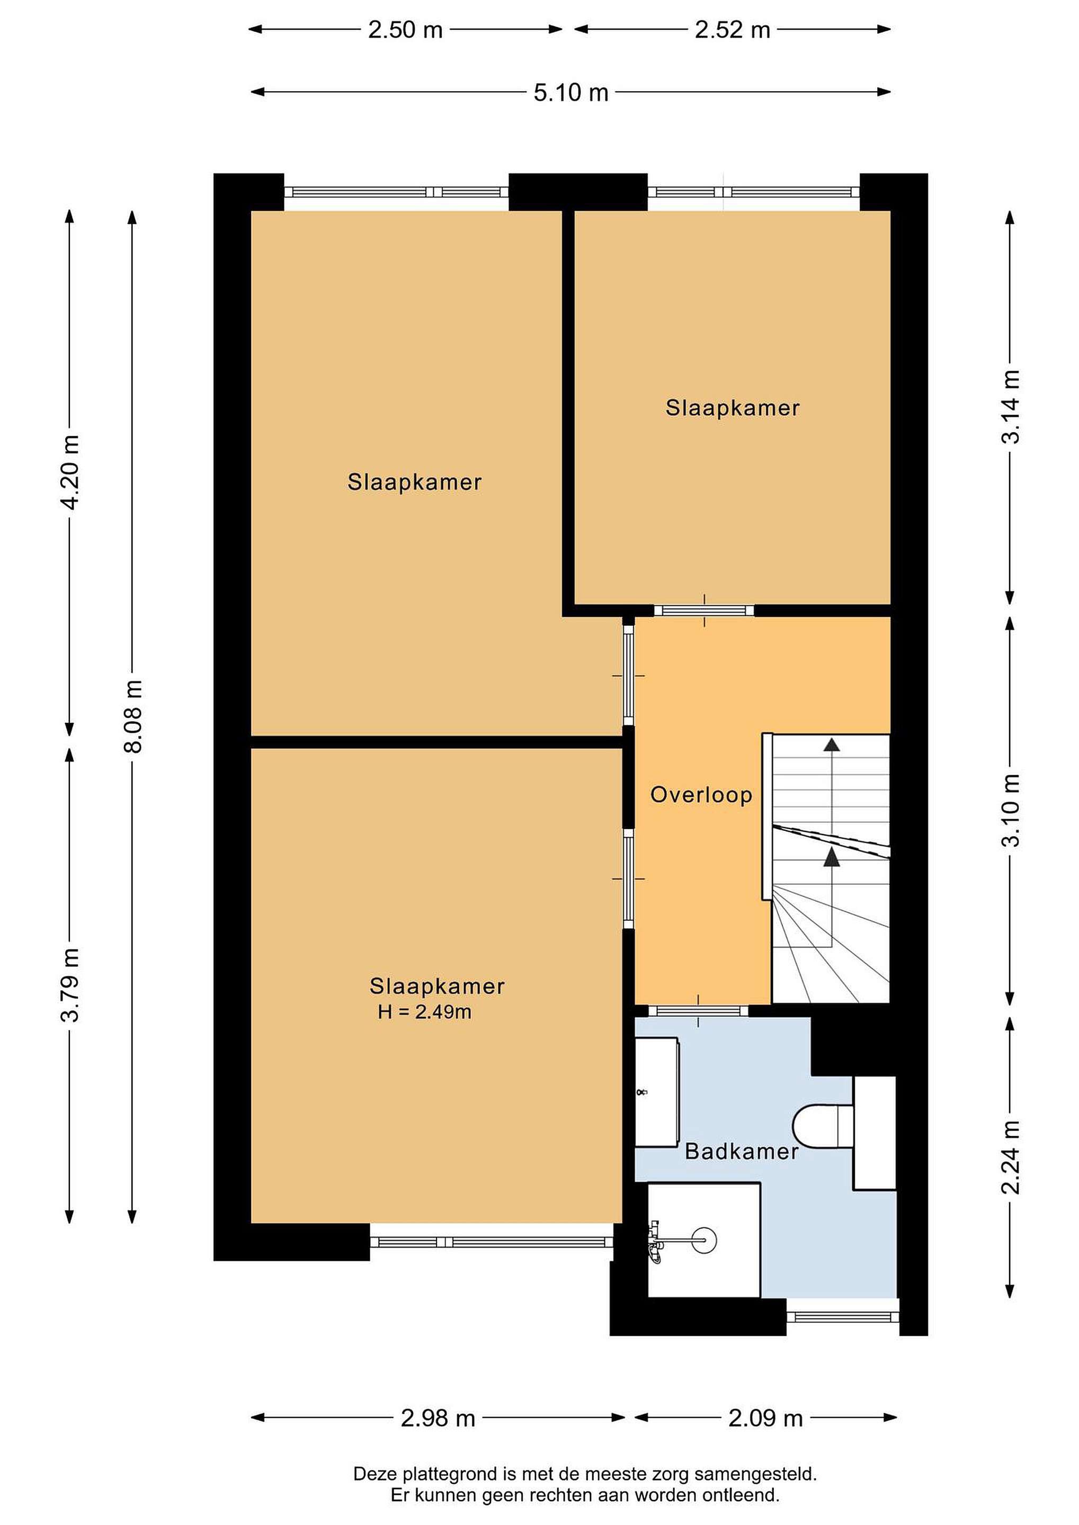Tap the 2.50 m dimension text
(x=405, y=30)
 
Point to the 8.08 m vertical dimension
(x=133, y=716)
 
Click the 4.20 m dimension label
(x=70, y=472)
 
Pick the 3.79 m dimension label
(x=70, y=985)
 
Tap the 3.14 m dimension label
(x=1010, y=407)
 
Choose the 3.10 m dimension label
(x=1010, y=810)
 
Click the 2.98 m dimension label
(x=438, y=1419)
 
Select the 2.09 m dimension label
(x=765, y=1419)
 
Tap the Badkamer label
(x=742, y=1151)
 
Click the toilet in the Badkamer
(x=823, y=1125)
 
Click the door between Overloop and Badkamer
(x=698, y=1011)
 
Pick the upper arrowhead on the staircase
(x=831, y=744)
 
